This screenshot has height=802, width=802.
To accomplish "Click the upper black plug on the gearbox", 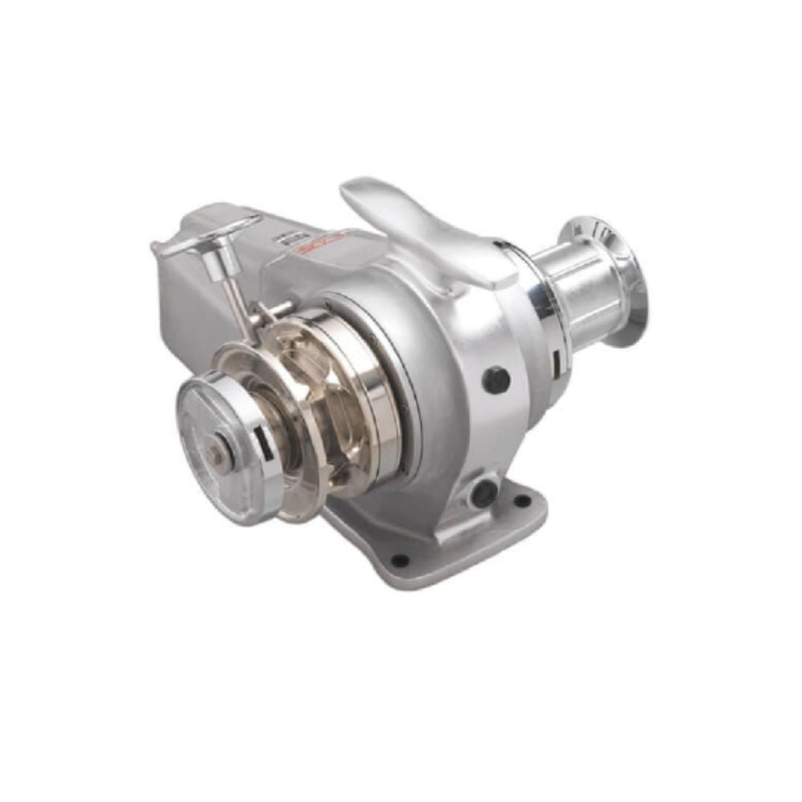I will point(496,379).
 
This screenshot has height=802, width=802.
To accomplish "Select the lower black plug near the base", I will point(484,492).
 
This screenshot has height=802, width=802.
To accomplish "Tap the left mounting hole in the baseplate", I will point(399,559).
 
